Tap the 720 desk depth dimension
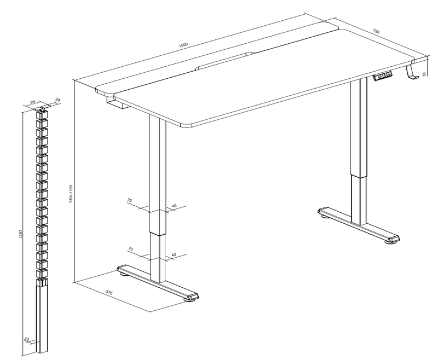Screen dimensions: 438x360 click(x=376, y=32)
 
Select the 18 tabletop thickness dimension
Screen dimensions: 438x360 click(x=424, y=74)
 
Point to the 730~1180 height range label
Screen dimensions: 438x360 click(x=71, y=193)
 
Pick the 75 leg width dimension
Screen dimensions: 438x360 click(x=130, y=200)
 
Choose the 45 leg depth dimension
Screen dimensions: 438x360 click(x=174, y=206)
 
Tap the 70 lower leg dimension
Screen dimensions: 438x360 click(x=130, y=248)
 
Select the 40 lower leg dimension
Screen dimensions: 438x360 click(x=174, y=254)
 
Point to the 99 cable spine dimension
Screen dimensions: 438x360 click(x=32, y=102)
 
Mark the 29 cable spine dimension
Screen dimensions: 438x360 click(x=58, y=100)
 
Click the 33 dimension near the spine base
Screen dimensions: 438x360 click(x=27, y=339)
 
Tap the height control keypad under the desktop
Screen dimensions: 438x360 click(x=383, y=76)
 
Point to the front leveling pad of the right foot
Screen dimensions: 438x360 click(x=393, y=242)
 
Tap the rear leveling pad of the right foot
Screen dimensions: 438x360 click(x=325, y=216)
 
